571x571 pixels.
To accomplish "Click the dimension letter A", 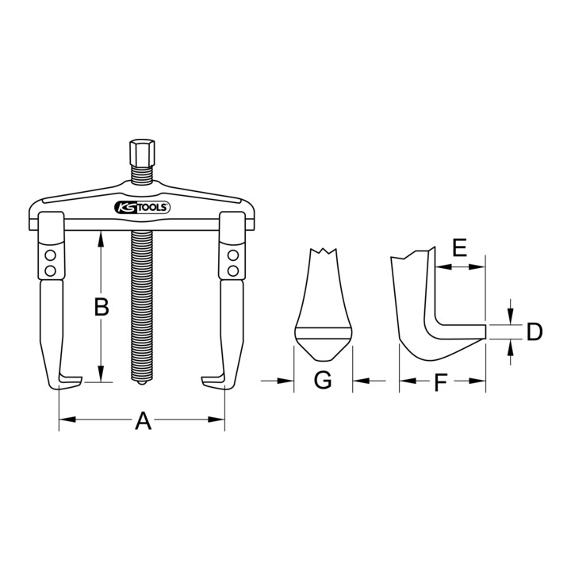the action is (143, 420).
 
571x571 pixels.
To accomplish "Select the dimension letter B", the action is (102, 307).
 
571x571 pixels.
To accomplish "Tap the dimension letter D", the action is (535, 331).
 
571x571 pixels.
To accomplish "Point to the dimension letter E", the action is (459, 248).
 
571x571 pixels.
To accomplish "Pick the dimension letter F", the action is (441, 382).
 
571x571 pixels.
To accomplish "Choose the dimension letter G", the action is (323, 380).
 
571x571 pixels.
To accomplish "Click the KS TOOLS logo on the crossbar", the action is (143, 208).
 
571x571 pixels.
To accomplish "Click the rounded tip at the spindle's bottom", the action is (142, 383).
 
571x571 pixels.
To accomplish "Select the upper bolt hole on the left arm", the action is (51, 255).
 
